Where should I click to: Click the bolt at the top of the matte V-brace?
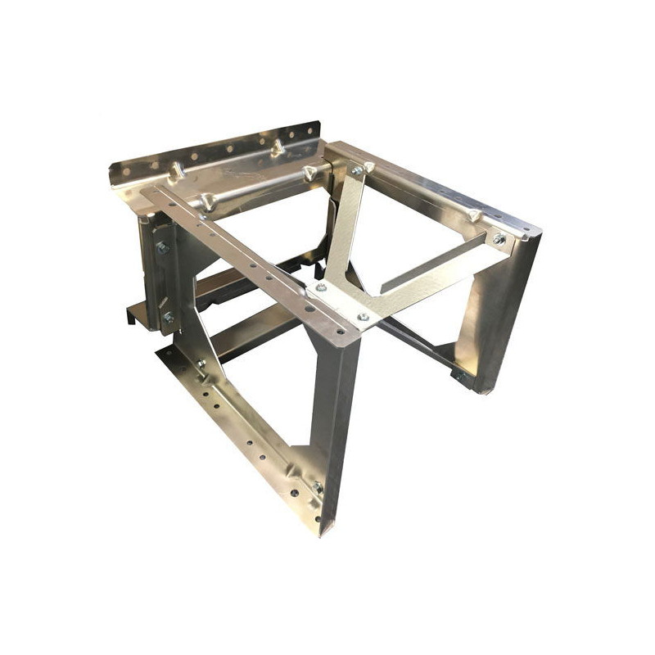[357, 171]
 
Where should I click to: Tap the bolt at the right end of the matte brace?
[499, 239]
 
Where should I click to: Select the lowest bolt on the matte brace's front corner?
[363, 316]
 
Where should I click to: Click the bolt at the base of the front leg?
[317, 488]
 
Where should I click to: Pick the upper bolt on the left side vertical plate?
[163, 247]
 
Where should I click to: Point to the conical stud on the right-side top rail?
[473, 214]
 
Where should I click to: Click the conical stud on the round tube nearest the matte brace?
[309, 173]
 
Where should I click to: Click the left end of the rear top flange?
[119, 174]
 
